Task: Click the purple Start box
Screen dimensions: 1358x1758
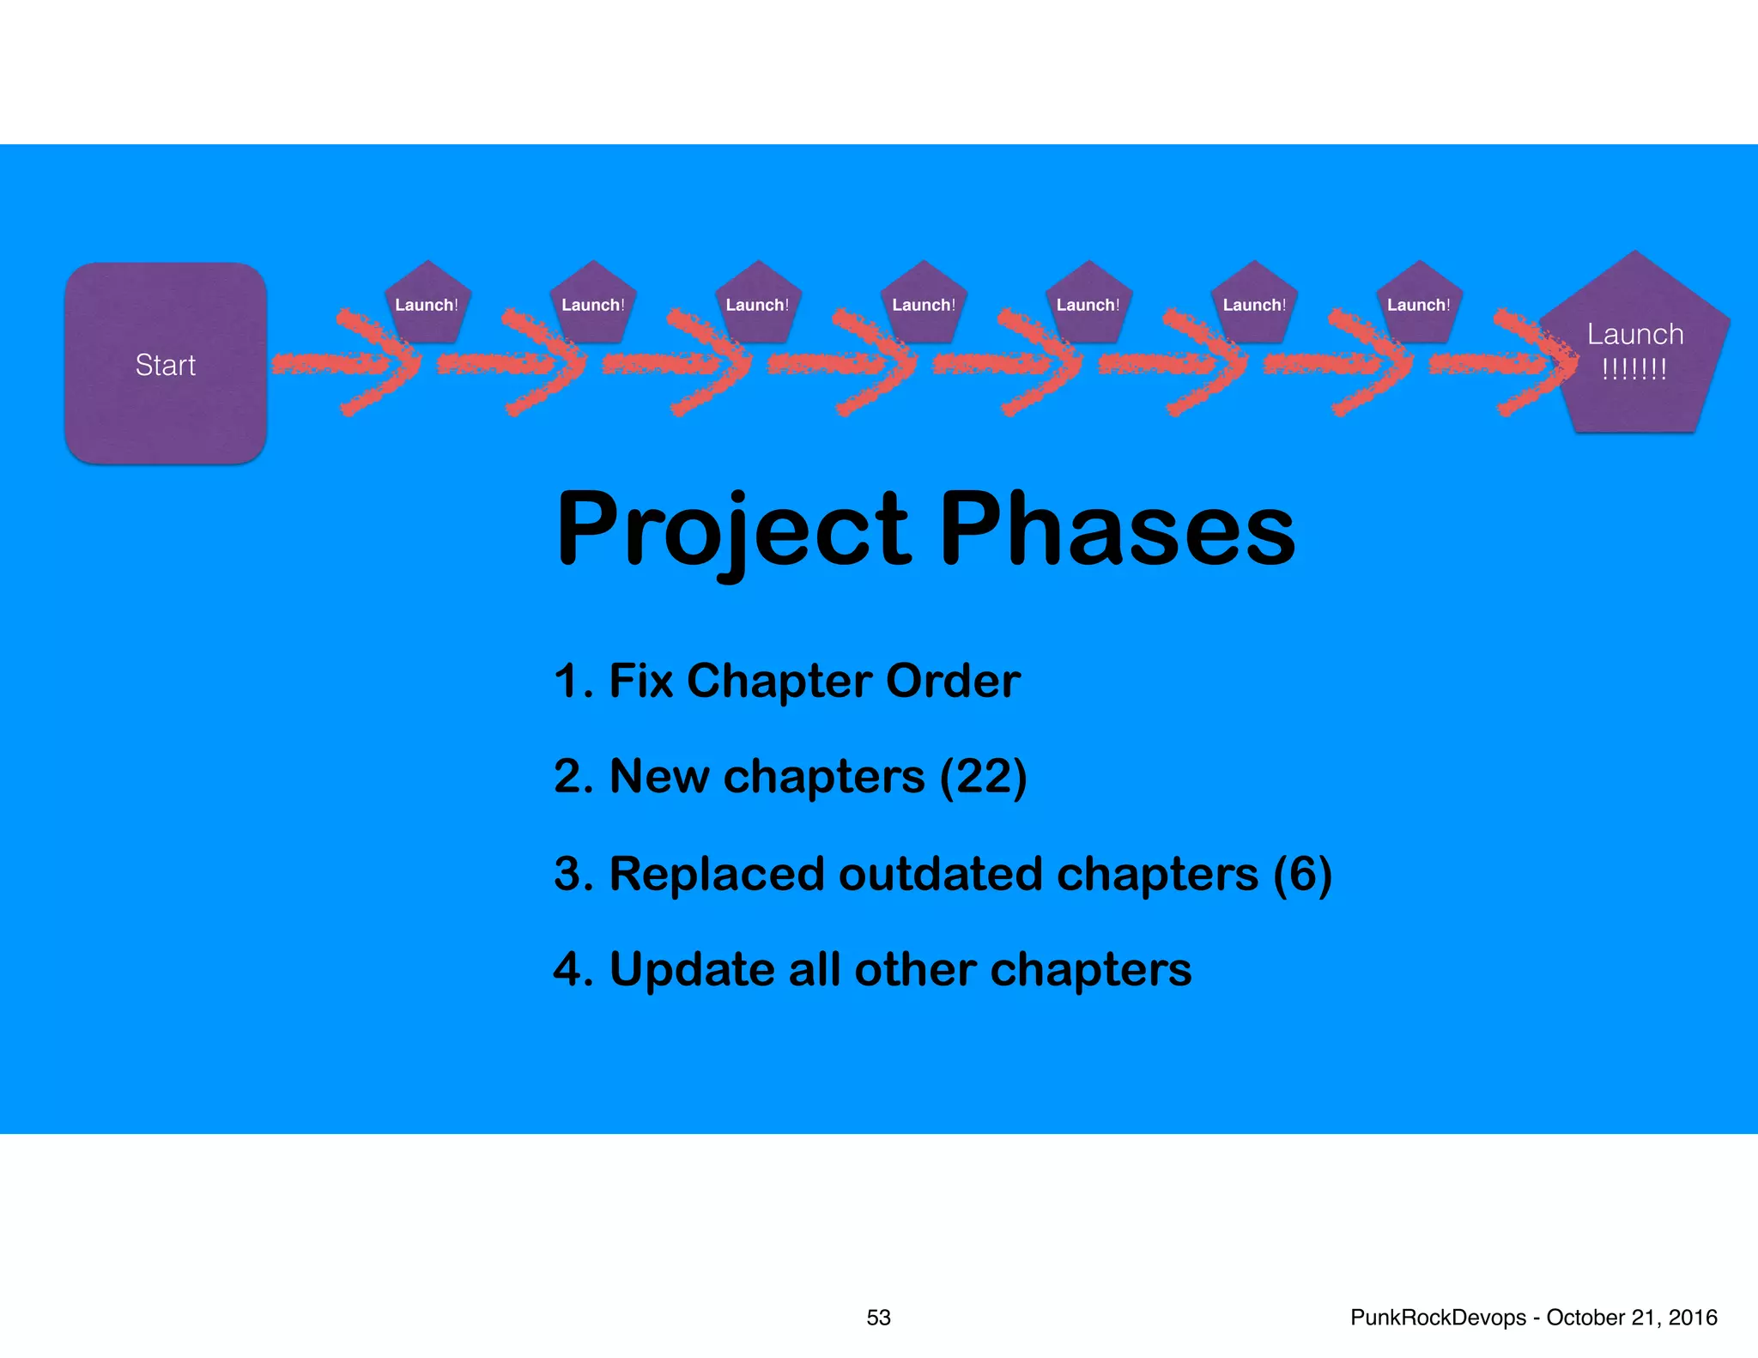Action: (166, 364)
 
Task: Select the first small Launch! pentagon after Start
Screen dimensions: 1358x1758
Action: (427, 305)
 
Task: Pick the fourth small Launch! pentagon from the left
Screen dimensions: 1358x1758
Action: (923, 305)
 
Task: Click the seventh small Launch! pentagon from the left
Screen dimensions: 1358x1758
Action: (1418, 305)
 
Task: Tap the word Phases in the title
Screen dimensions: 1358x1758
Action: (1117, 530)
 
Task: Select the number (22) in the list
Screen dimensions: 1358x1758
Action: (983, 777)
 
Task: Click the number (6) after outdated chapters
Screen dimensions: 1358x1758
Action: (1302, 874)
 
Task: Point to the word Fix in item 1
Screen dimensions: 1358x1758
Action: (640, 681)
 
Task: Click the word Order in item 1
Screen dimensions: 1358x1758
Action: (953, 681)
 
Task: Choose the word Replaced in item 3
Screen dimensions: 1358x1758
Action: (717, 874)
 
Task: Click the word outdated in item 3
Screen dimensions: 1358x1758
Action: (941, 874)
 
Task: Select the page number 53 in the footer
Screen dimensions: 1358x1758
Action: (878, 1318)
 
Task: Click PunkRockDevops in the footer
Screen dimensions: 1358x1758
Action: (1438, 1318)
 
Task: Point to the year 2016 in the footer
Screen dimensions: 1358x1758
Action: (1693, 1318)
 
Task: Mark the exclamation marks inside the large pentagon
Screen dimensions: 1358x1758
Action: (1634, 370)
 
